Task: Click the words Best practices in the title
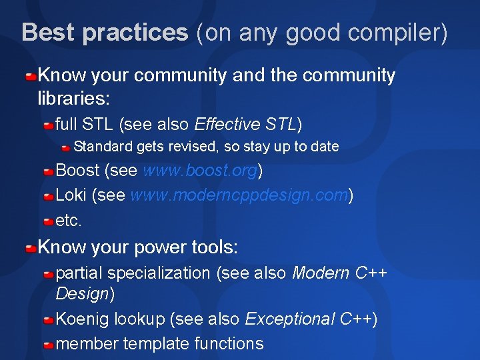(x=105, y=32)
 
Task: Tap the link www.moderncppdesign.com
(x=239, y=195)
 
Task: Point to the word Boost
(x=77, y=171)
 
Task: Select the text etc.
(x=69, y=219)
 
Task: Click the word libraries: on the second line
(x=73, y=99)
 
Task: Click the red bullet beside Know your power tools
(x=31, y=249)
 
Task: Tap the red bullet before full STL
(x=49, y=125)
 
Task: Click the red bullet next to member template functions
(x=49, y=345)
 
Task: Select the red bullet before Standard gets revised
(x=66, y=147)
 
